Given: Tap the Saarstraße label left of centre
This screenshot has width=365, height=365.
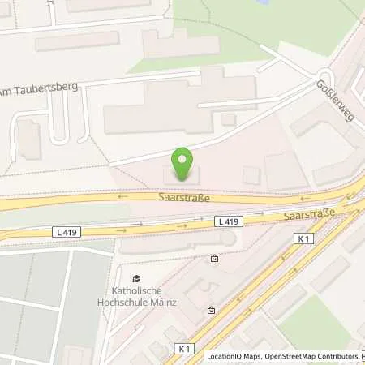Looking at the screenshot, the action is [184, 197].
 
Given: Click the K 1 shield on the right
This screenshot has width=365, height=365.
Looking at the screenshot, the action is [304, 238].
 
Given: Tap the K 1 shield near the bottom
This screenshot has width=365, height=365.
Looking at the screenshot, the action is [184, 346].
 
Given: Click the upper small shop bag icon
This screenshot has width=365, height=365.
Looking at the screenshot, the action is [214, 260].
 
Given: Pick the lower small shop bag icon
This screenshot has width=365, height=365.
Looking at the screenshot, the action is [211, 310].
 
